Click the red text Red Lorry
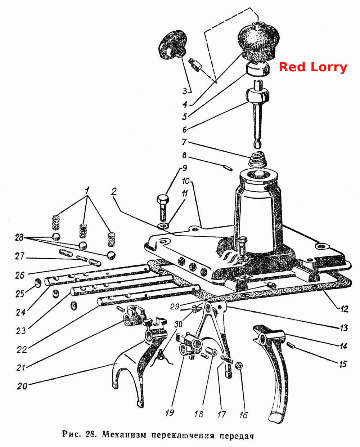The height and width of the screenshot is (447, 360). point(313,67)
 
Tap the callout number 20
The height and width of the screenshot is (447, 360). point(22,386)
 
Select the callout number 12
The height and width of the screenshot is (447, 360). point(344,309)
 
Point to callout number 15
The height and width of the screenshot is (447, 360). point(343,364)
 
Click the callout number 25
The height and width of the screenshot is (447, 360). point(20,294)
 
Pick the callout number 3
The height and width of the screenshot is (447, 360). point(185,91)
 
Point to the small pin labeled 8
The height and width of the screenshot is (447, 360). point(228,167)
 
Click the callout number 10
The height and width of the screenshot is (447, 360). point(186,181)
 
